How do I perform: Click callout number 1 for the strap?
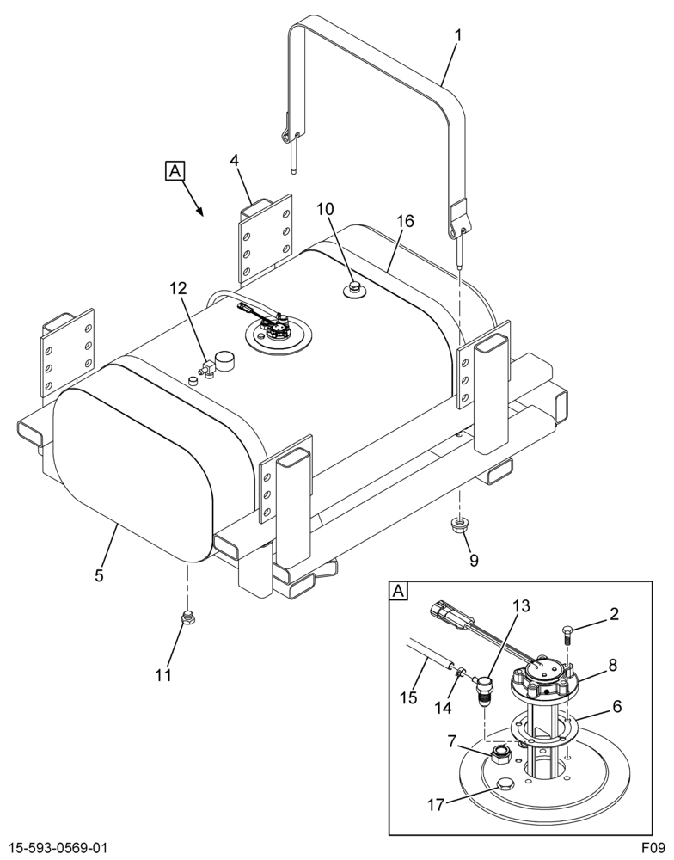(x=458, y=36)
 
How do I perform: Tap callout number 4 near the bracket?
(x=234, y=161)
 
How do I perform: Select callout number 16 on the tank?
(x=406, y=221)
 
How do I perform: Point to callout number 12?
(x=178, y=288)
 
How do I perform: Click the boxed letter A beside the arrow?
(x=175, y=171)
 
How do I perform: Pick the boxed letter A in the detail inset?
(x=399, y=592)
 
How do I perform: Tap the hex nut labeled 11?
(x=187, y=618)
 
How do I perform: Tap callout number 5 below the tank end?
(x=99, y=576)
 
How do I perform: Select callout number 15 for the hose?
(x=409, y=697)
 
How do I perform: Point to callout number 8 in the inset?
(x=613, y=666)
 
